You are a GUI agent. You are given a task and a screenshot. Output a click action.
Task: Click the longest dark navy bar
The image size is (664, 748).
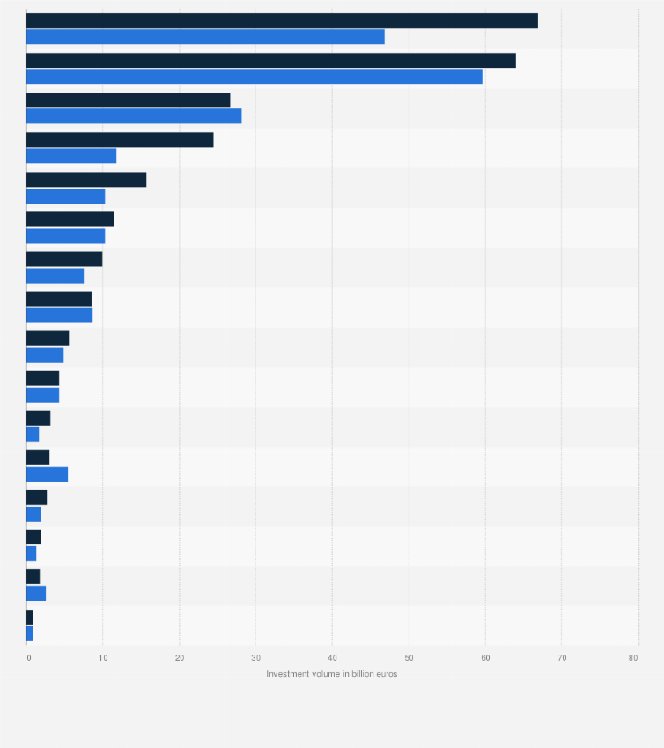(282, 21)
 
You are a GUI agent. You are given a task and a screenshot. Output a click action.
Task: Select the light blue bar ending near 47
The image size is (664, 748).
(205, 37)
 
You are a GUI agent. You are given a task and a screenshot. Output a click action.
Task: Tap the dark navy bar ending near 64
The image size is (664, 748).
(270, 61)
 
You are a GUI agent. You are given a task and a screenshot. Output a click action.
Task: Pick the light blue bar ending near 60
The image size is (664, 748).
(255, 77)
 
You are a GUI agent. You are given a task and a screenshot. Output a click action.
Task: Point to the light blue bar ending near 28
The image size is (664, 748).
(134, 116)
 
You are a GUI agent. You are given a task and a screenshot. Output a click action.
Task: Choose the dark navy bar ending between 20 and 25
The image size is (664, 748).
(120, 140)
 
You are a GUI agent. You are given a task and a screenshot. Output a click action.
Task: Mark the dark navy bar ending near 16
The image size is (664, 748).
(86, 180)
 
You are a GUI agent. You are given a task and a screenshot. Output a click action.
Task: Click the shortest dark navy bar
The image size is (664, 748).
(29, 617)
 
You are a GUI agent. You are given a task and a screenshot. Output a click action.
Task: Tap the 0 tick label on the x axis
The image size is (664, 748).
(28, 658)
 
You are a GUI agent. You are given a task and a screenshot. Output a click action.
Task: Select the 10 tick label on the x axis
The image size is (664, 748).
(103, 658)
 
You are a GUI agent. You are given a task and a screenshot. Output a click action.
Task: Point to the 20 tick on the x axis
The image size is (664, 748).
(180, 658)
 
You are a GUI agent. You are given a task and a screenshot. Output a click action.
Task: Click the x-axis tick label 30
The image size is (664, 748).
(255, 658)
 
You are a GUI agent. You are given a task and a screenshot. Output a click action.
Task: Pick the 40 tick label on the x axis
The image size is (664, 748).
(332, 658)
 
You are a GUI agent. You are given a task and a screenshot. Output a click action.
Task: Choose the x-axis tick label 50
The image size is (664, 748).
(409, 658)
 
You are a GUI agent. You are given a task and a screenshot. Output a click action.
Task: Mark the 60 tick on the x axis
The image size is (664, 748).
(484, 658)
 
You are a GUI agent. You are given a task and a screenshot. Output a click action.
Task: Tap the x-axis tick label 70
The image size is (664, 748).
(561, 658)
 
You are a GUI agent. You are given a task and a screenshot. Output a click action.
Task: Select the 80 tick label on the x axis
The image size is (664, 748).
(633, 658)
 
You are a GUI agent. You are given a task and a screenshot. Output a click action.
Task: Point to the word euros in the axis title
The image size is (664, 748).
(386, 674)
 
